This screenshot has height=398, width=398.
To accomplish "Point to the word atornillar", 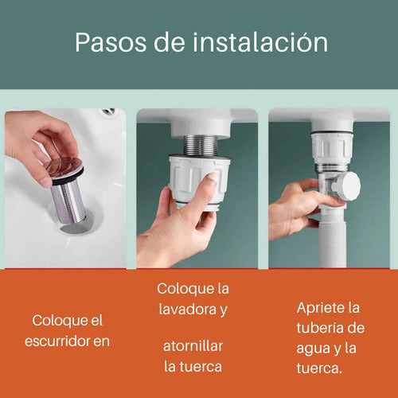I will [x=193, y=345].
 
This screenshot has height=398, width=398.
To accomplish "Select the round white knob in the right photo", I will [x=347, y=186].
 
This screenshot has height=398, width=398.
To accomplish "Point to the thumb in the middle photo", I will [x=207, y=189].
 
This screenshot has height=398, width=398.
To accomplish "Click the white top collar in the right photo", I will [x=327, y=148].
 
